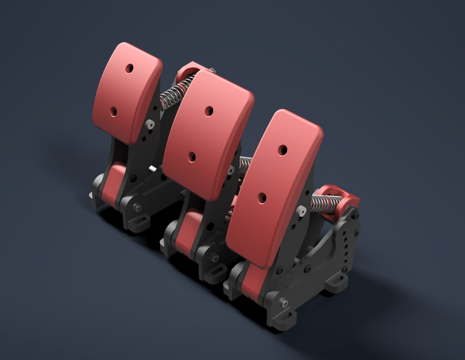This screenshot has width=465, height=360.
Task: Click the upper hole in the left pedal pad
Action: click(x=129, y=68)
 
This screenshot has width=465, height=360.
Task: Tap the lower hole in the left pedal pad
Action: click(x=113, y=112)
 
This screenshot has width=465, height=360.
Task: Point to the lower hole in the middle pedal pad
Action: click(x=192, y=157)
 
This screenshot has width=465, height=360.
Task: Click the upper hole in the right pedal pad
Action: click(x=283, y=150)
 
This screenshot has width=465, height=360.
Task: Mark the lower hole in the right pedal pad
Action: click(x=262, y=198)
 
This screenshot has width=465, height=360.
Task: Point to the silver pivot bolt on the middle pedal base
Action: click(x=215, y=258)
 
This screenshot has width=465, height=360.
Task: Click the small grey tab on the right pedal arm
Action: click(x=302, y=211)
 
